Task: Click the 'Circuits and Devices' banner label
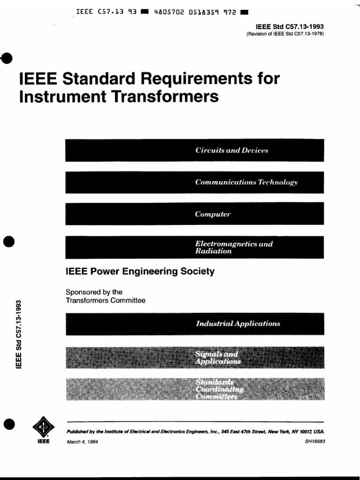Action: [x=232, y=150]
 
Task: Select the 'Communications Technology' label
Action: [x=247, y=182]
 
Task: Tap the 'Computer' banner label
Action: [x=213, y=214]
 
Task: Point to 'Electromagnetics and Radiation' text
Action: [x=234, y=247]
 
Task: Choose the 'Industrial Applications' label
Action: [x=238, y=323]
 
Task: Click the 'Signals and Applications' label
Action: [x=218, y=358]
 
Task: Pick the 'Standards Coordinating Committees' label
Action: [x=220, y=389]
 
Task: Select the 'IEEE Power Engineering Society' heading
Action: [x=140, y=271]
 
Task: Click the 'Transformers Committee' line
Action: [x=105, y=300]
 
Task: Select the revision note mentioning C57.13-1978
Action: [x=285, y=34]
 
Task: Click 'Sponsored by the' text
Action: [x=94, y=292]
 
